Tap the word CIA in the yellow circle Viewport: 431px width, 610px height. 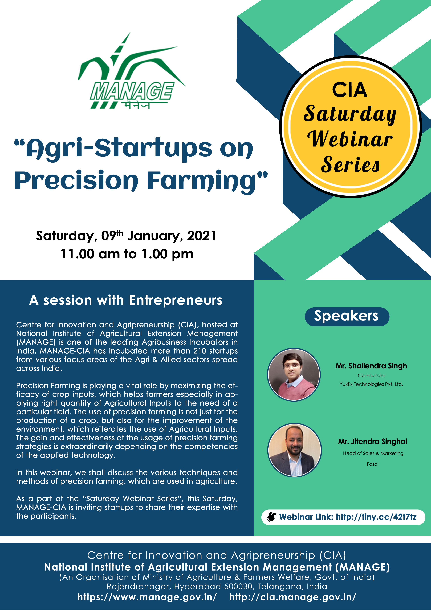click(349, 90)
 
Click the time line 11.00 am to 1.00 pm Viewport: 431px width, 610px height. click(127, 254)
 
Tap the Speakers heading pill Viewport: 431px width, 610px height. click(347, 316)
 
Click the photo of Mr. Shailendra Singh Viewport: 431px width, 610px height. click(294, 375)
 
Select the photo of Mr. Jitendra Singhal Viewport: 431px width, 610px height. click(295, 450)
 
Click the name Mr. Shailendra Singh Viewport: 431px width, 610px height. click(371, 366)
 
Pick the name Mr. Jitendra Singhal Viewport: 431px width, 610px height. click(373, 442)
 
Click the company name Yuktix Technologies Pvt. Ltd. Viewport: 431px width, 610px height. click(371, 384)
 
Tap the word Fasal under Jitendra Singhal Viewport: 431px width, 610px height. click(373, 464)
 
